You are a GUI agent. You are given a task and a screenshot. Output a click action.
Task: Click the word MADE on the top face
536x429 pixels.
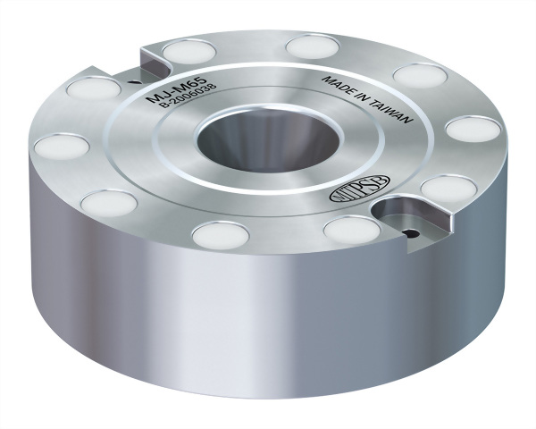[x=337, y=87]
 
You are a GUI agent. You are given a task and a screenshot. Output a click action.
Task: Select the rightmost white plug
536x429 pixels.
[x=470, y=128]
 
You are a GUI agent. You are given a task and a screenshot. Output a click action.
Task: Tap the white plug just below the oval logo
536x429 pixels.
[x=352, y=230]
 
